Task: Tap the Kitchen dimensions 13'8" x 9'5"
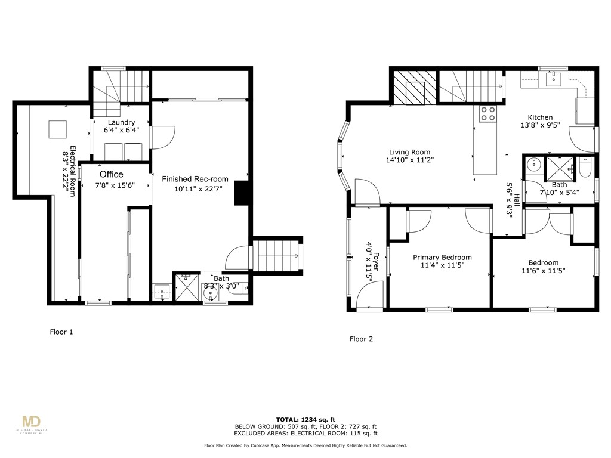pos(539,126)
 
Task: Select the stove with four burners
pos(488,113)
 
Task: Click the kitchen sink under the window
pos(554,78)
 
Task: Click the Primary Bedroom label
pos(442,258)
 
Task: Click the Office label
pos(111,174)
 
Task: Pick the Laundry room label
pos(121,123)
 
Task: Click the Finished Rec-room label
pos(195,179)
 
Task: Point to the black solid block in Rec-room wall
pos(242,193)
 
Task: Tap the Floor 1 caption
pos(61,332)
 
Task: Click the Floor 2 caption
pos(361,339)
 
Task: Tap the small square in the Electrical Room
pos(58,129)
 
